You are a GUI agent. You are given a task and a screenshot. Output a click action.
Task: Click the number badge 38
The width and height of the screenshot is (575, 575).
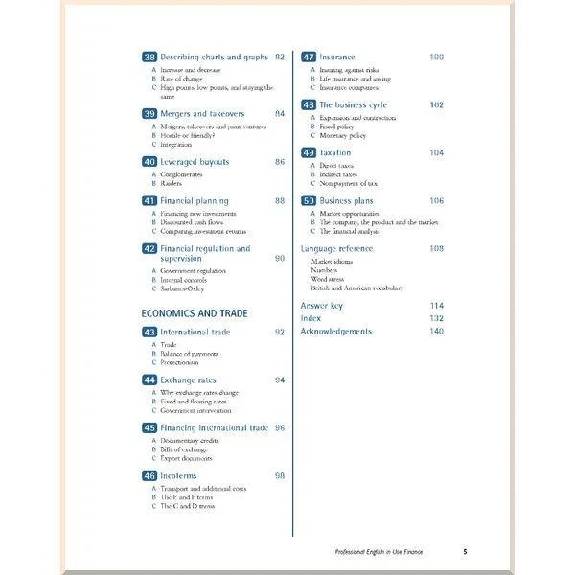[149, 57]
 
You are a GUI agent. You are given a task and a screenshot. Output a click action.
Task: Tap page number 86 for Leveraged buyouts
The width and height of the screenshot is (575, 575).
[279, 162]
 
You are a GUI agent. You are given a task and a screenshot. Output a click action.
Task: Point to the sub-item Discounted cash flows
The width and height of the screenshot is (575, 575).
[192, 222]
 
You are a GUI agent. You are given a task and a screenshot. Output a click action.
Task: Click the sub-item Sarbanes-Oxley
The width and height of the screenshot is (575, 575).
[182, 287]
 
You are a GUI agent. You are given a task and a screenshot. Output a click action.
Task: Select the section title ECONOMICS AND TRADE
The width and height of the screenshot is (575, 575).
[195, 313]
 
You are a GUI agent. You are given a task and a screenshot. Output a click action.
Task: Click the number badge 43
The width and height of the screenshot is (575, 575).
[149, 333]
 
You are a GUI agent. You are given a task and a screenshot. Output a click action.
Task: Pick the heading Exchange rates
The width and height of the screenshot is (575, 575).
[188, 380]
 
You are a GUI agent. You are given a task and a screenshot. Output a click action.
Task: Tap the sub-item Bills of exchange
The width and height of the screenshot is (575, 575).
[183, 449]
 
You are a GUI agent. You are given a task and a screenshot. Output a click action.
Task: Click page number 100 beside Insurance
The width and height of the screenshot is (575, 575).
[436, 57]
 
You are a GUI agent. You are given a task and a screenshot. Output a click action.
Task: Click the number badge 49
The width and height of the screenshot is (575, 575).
[309, 153]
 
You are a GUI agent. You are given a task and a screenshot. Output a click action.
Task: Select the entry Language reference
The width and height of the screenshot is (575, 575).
[336, 249]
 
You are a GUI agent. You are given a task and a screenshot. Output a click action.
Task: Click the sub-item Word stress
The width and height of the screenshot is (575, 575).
[328, 279]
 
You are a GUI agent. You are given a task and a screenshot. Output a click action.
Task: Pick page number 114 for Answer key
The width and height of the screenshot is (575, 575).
[436, 306]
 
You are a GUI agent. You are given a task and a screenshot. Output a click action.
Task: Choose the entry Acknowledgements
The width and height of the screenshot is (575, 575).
[335, 332]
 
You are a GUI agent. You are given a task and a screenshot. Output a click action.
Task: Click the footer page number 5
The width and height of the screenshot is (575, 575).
[465, 552]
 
